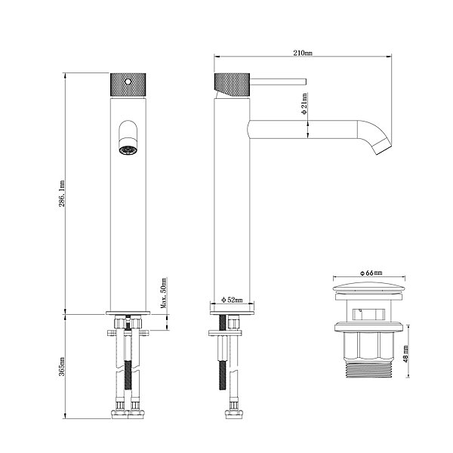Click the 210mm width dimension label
[303, 53]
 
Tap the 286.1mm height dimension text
[62, 193]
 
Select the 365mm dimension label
[62, 366]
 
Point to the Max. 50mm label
[164, 293]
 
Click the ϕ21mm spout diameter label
[304, 103]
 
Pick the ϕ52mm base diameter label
[232, 300]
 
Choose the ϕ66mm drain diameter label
[371, 273]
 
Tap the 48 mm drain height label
[405, 353]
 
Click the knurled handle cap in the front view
[128, 85]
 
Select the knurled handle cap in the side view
[232, 85]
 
